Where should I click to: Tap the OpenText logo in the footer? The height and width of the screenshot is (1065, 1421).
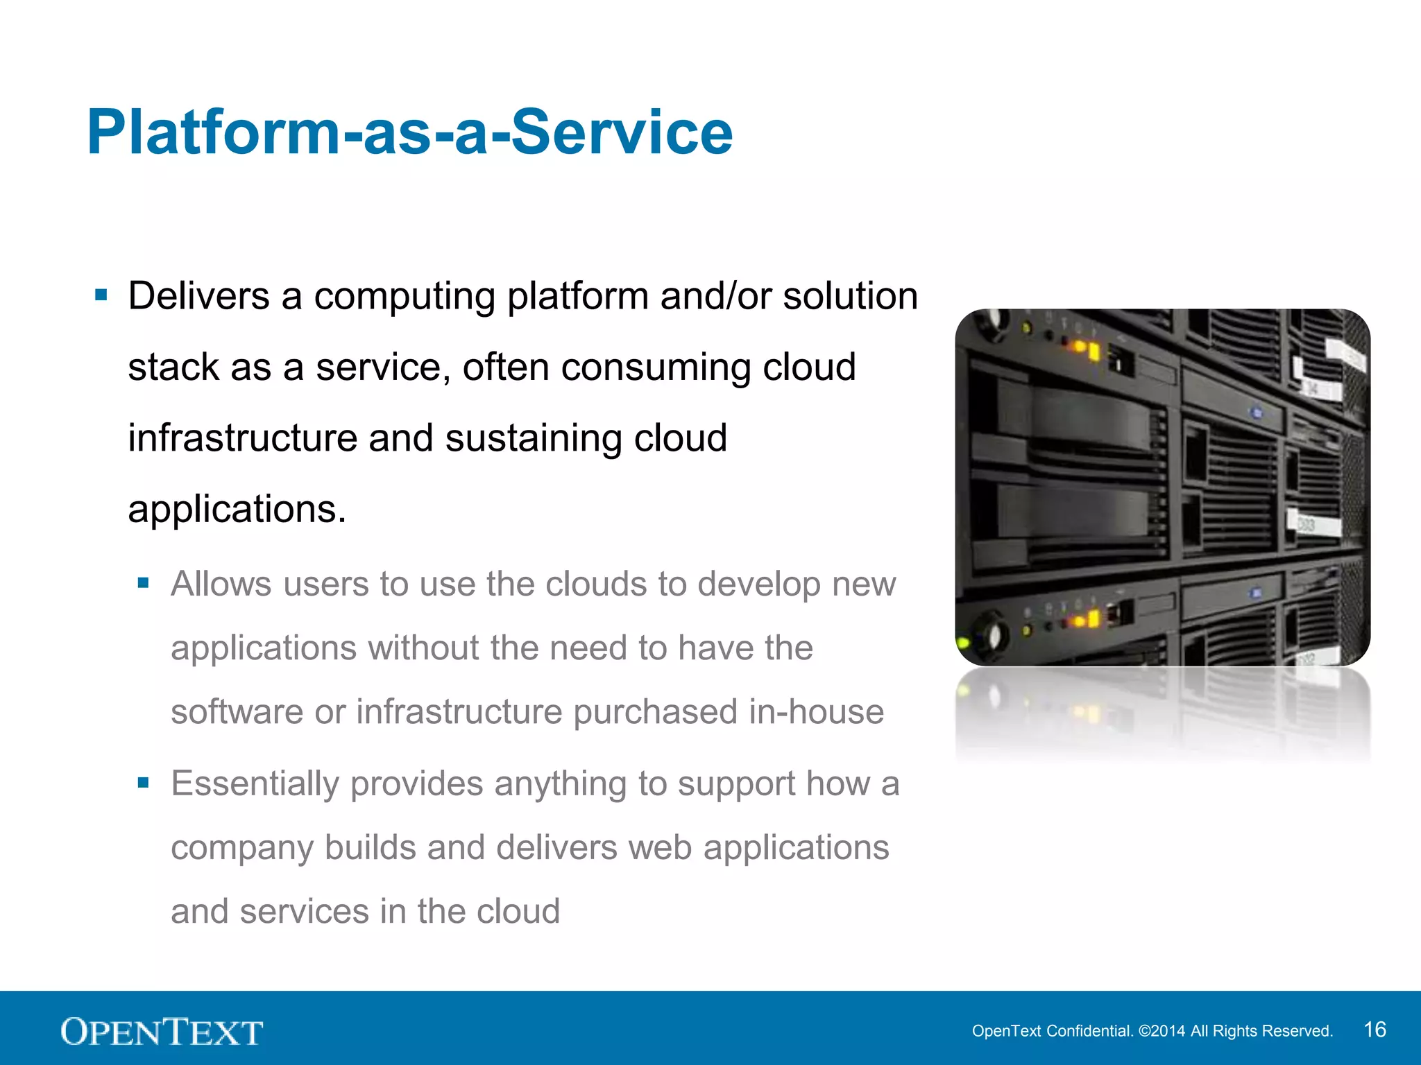click(x=162, y=1032)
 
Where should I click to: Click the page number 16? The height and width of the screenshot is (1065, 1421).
click(x=1375, y=1030)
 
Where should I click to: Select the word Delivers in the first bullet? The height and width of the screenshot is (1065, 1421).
click(x=198, y=296)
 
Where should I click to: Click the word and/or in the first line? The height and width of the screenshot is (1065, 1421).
click(x=715, y=296)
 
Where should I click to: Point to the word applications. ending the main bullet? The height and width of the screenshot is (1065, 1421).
click(x=237, y=510)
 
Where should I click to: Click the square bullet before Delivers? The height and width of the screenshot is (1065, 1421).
click(x=101, y=296)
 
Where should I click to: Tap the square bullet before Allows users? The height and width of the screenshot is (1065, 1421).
click(x=144, y=583)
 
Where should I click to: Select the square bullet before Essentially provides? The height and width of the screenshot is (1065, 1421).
click(x=144, y=783)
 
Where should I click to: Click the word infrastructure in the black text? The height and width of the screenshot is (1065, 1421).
click(x=242, y=438)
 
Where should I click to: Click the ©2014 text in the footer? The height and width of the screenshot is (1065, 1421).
click(x=1162, y=1031)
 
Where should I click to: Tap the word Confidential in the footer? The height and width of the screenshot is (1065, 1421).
click(x=1089, y=1031)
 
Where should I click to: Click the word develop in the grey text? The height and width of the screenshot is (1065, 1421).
click(x=759, y=584)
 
